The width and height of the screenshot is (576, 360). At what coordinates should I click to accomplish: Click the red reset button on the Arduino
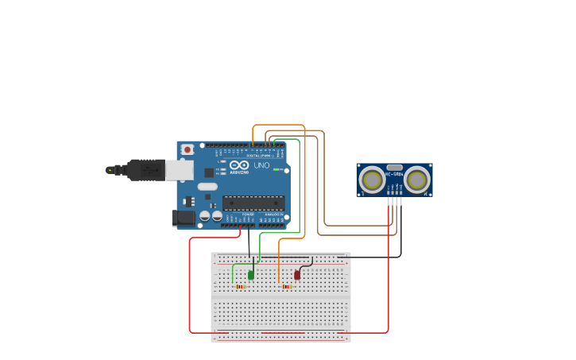(187, 149)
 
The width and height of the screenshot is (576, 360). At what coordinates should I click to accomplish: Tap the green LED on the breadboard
(251, 275)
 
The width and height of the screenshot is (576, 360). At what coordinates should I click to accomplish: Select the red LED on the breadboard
(297, 275)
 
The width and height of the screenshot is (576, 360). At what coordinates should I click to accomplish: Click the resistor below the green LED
(239, 287)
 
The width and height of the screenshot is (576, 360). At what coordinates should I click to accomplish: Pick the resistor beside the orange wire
(287, 287)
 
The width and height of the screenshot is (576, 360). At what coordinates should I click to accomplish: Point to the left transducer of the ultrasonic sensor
(372, 180)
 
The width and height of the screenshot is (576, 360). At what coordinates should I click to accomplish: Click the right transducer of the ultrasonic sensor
(417, 180)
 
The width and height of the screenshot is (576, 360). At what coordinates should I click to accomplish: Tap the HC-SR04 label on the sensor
(394, 174)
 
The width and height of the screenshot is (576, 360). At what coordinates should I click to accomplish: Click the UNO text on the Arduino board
(261, 165)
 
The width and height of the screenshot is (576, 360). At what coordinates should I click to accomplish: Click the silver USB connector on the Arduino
(180, 168)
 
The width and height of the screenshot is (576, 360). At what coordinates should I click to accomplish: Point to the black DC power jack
(184, 217)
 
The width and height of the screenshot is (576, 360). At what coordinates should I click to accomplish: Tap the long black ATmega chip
(253, 203)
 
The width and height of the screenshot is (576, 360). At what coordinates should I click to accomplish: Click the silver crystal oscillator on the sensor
(394, 165)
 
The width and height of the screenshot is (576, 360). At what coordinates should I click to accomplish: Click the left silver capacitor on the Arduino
(205, 215)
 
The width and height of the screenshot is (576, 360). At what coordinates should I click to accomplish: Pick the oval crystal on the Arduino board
(207, 187)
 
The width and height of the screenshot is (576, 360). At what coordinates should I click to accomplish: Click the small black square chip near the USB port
(208, 172)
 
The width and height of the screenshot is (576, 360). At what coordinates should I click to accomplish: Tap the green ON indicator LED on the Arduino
(276, 169)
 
